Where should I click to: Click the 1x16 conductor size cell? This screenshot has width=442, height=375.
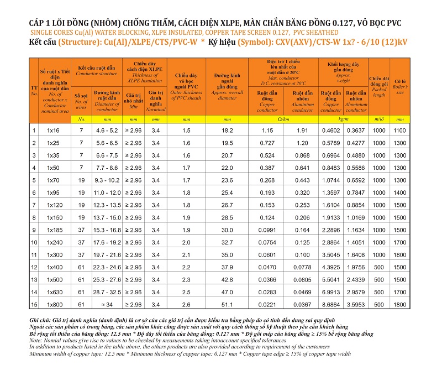coord(53,131)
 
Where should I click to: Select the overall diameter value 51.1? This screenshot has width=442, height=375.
coord(227,304)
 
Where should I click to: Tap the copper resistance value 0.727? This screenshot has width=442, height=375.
coord(267,143)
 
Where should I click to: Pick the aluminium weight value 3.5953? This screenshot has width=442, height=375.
coord(356,304)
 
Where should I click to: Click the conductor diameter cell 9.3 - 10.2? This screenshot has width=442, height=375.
coord(107,180)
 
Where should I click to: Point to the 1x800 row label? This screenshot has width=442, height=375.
coord(55,304)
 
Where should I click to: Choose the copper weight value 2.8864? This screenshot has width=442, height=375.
coord(331,242)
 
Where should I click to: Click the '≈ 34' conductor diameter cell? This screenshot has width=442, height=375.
coord(107,304)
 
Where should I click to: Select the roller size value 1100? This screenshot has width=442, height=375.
coord(399,131)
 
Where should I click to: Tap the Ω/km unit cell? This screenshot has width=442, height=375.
coord(283,119)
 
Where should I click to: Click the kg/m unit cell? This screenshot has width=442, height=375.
coord(343,119)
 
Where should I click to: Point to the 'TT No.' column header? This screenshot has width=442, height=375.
coord(34,91)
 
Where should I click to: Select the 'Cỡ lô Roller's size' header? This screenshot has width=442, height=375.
coord(400,87)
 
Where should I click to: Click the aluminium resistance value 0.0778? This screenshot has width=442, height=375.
coord(302,267)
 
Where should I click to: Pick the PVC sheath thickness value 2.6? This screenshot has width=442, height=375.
coord(186,304)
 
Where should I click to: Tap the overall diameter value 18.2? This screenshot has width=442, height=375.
coord(227,131)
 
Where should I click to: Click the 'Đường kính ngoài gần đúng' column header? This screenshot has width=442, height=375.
coord(227,87)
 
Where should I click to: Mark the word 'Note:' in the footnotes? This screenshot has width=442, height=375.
coord(36,340)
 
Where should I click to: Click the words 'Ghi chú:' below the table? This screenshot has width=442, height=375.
coord(40,320)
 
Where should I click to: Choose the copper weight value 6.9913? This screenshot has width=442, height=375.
coord(331,292)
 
